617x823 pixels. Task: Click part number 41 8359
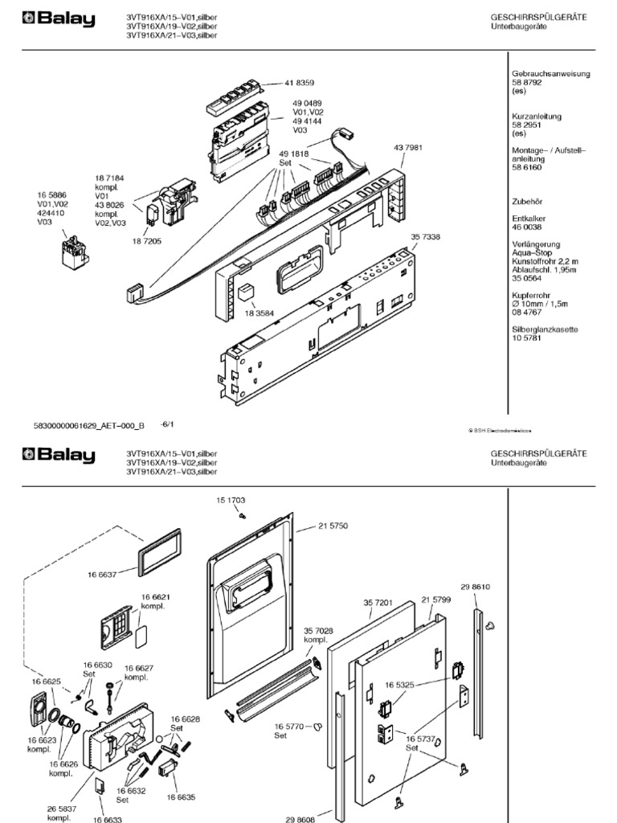tap(299, 83)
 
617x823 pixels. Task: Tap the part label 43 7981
tap(408, 148)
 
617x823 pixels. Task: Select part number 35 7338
tap(426, 237)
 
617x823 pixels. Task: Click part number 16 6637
tap(102, 574)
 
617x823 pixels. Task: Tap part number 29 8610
tap(475, 588)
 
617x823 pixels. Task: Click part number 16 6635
tap(181, 796)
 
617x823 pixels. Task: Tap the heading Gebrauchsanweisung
tap(550, 74)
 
